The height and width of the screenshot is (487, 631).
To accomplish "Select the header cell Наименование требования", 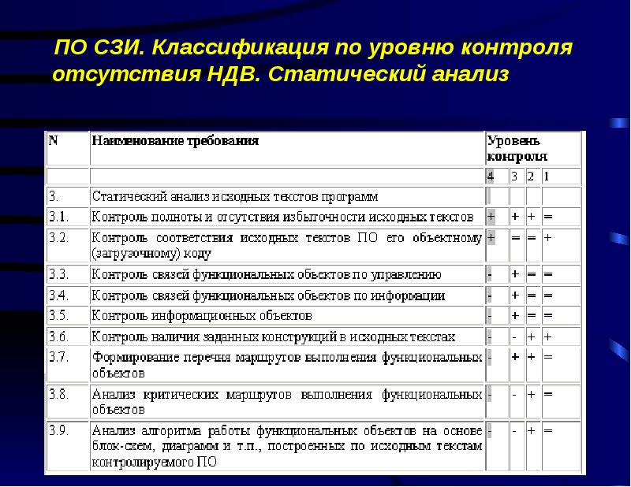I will point(176,142).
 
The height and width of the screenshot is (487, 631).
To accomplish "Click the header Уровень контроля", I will point(513,148).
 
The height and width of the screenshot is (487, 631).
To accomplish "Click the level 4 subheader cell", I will point(491,176).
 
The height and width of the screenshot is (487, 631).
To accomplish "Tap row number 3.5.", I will point(60,315).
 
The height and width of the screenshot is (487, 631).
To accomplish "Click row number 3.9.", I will point(60,431).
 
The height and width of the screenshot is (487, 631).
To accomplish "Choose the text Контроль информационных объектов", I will point(203,315).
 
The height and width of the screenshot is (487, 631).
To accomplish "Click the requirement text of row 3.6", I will point(274,336).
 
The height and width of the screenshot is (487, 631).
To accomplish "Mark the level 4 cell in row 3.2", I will point(491,237).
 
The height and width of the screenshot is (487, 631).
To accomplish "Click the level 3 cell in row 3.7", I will point(514,357).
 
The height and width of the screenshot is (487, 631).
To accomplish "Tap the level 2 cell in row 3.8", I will point(531,393).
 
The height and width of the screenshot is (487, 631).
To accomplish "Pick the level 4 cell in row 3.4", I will point(491,296).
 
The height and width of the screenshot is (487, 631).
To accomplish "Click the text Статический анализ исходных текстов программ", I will point(235,196).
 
